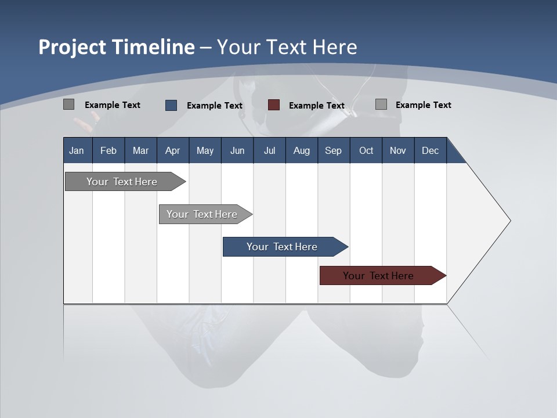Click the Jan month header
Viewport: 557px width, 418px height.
point(77,150)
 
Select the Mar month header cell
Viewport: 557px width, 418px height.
point(140,150)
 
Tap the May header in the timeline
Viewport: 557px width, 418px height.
point(205,150)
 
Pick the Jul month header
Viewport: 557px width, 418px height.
point(269,150)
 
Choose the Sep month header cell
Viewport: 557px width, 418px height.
point(333,150)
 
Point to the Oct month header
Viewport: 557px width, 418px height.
point(366,150)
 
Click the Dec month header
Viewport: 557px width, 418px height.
point(430,150)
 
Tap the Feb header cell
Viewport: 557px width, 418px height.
point(108,150)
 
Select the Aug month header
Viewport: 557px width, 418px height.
point(301,150)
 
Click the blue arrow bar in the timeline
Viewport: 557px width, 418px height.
point(283,247)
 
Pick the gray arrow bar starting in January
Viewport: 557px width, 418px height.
point(122,182)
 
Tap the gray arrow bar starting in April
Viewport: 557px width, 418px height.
point(202,214)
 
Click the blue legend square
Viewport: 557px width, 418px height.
point(171,105)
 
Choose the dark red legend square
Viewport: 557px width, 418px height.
point(274,105)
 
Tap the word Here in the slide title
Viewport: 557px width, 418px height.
point(335,47)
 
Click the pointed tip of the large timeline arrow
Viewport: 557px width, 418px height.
point(509,221)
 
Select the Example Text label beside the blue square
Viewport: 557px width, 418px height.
point(214,106)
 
